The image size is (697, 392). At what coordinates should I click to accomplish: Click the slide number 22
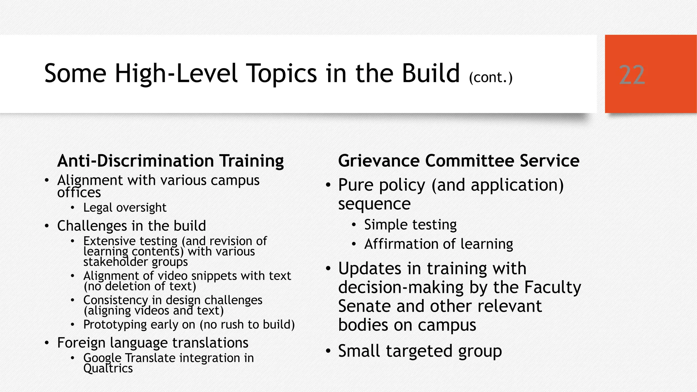632,75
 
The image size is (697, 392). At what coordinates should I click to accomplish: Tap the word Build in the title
431,73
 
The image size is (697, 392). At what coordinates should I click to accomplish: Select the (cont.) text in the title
490,78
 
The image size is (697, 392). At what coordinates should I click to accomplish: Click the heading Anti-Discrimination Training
171,161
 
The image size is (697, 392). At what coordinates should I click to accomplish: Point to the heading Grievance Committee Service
458,161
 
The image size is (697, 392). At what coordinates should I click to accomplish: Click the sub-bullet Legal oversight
125,208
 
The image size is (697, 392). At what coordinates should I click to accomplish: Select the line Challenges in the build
131,226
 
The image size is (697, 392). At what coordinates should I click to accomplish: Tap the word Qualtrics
108,369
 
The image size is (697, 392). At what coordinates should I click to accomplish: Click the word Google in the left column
102,358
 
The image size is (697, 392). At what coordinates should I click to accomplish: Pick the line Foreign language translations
152,343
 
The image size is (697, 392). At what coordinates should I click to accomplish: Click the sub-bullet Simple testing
410,225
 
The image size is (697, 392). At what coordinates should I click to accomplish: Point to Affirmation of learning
438,244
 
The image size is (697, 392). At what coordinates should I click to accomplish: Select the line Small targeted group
420,351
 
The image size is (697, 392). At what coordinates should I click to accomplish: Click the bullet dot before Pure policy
328,185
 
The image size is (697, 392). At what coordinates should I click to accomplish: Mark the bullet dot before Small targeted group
328,351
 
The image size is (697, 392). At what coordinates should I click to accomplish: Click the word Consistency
116,300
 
